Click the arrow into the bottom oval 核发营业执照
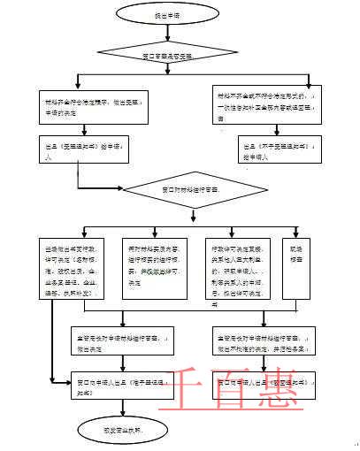107,410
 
